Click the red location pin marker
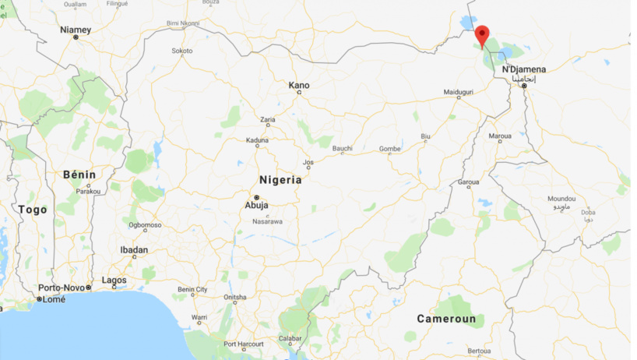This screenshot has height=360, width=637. click(x=482, y=35)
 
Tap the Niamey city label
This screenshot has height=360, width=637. click(x=76, y=30)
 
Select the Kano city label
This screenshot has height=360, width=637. click(x=299, y=85)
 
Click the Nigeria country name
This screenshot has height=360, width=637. click(x=280, y=179)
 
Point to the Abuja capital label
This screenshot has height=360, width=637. click(x=257, y=206)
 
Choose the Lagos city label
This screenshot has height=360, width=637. click(x=114, y=280)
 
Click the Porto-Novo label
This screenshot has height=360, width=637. click(x=62, y=288)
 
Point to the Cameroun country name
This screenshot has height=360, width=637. click(x=445, y=319)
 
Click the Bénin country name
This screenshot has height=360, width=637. click(x=79, y=175)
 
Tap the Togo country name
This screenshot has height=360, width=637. click(x=33, y=210)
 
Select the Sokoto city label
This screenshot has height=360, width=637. click(x=181, y=51)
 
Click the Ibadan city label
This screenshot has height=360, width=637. click(x=134, y=250)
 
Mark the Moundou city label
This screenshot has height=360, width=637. click(x=561, y=199)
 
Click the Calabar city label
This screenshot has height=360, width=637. click(x=290, y=337)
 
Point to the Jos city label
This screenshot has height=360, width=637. click(x=308, y=163)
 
